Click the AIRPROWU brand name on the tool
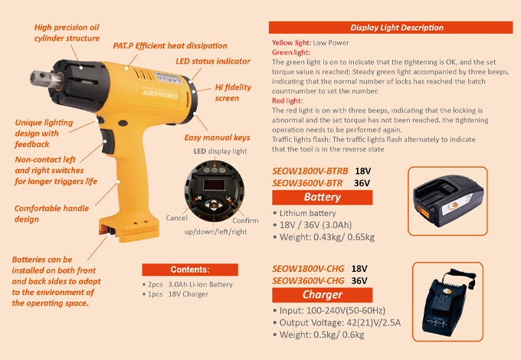[x=160, y=94]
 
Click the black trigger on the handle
[x=107, y=141]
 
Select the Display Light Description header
[x=397, y=28]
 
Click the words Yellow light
[x=291, y=42]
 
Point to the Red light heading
[x=287, y=100]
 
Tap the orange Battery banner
[x=323, y=198]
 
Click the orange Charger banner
[x=323, y=295]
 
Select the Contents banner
[x=190, y=270]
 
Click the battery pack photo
[x=448, y=202]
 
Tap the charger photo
[x=447, y=303]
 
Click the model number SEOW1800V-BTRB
[x=310, y=171]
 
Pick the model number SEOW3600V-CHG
[x=308, y=281]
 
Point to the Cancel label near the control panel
[x=176, y=218]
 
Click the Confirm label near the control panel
[x=245, y=221]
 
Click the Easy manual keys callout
[x=217, y=138]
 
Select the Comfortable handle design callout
[x=51, y=214]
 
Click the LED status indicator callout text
[x=213, y=61]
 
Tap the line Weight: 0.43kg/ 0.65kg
[x=327, y=237]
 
